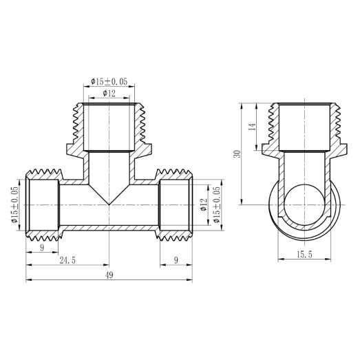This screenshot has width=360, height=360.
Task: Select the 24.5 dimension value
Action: pos(67,260)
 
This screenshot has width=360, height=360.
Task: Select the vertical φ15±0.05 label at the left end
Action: pos(14,204)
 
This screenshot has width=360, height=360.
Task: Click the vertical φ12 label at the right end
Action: pos(202,205)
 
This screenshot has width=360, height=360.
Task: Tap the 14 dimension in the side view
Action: pos(253,127)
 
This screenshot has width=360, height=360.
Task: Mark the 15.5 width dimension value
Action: pos(304,255)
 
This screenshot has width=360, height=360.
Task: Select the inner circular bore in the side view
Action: pos(304,205)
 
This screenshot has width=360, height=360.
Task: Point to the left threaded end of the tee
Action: pos(42,204)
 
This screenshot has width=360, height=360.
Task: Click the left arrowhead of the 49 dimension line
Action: pos(28,280)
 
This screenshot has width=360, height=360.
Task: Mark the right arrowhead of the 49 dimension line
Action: pos(191,280)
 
